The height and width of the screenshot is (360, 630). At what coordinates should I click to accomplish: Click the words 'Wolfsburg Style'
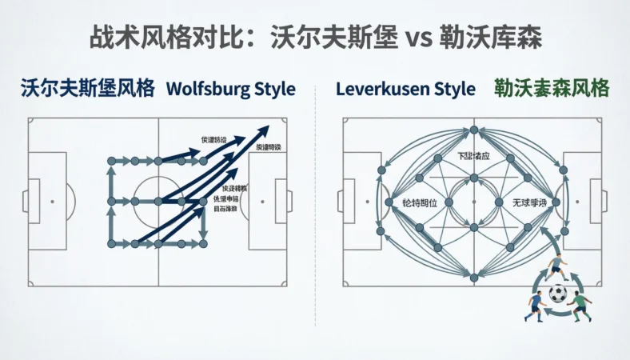point(230,89)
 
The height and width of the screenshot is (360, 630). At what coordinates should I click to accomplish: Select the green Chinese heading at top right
point(552,88)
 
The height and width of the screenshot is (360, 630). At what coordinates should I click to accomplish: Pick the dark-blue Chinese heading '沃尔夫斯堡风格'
point(88,89)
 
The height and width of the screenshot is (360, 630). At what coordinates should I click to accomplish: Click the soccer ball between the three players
point(558,294)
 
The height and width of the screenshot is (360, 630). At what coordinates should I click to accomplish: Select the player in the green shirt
point(581,305)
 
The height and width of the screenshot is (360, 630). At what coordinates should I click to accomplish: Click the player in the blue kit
point(535,305)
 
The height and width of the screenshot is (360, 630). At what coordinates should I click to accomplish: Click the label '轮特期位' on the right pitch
point(420,204)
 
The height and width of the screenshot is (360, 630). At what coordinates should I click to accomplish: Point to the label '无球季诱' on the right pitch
point(528,204)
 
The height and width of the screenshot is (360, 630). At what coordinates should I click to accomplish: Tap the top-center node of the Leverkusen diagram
point(474,129)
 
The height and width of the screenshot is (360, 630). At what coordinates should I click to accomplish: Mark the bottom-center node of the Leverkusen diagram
point(474,278)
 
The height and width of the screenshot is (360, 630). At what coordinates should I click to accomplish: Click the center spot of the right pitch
point(474,202)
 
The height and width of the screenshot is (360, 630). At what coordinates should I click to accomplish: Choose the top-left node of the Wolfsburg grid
point(110,161)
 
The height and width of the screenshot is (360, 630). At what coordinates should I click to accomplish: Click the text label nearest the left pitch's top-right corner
point(268,147)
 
